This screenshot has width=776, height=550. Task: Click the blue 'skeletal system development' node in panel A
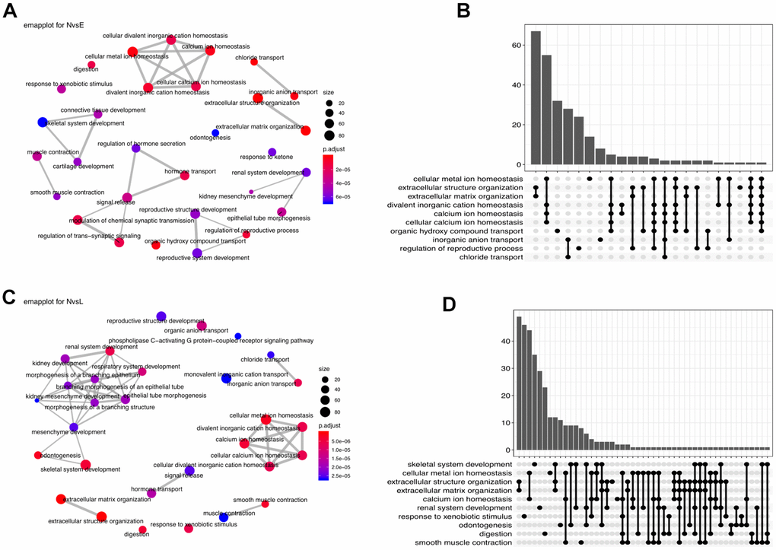pos(43,122)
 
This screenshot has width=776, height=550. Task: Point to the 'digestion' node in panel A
pos(92,65)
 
